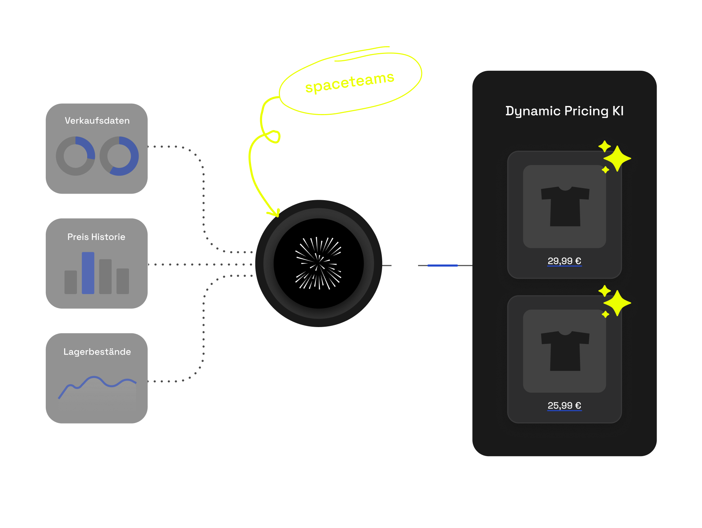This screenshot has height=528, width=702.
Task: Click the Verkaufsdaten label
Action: click(x=97, y=121)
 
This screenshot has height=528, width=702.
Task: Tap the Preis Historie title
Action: click(x=96, y=237)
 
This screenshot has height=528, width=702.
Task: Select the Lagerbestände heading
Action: click(x=97, y=352)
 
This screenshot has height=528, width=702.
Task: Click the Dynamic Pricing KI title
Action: click(x=564, y=111)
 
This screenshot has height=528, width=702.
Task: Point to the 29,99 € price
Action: click(x=564, y=261)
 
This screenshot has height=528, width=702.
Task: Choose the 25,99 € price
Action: click(x=564, y=405)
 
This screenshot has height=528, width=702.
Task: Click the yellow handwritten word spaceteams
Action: click(x=350, y=82)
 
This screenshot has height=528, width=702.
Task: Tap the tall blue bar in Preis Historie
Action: click(x=88, y=273)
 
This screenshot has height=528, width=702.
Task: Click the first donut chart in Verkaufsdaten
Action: click(x=75, y=156)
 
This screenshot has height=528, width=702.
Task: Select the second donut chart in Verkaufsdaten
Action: click(x=119, y=156)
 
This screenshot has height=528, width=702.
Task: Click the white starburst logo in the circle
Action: click(x=318, y=263)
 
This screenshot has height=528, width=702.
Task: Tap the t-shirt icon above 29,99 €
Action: click(x=565, y=206)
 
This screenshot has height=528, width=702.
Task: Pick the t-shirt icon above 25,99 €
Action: click(x=565, y=351)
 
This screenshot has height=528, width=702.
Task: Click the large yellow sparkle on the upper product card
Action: click(x=617, y=158)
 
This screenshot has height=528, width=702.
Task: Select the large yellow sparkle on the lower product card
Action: click(x=617, y=303)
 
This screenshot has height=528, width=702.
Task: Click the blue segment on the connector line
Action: click(x=443, y=265)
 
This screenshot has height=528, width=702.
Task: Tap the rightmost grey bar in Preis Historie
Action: click(x=123, y=281)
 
